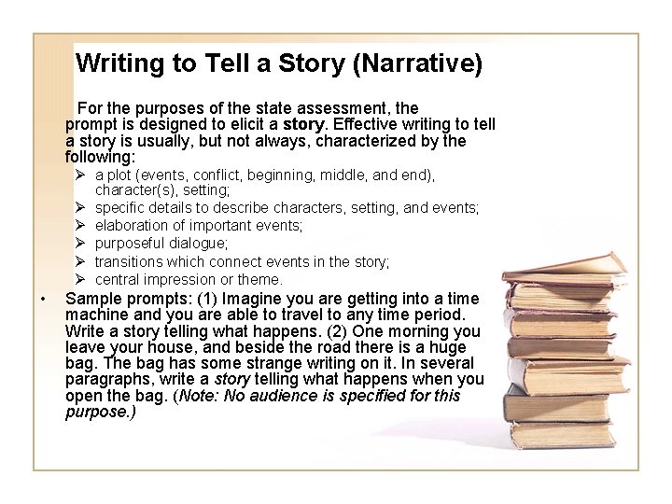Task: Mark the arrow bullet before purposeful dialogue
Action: point(81,244)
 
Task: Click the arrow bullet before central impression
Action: point(81,279)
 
